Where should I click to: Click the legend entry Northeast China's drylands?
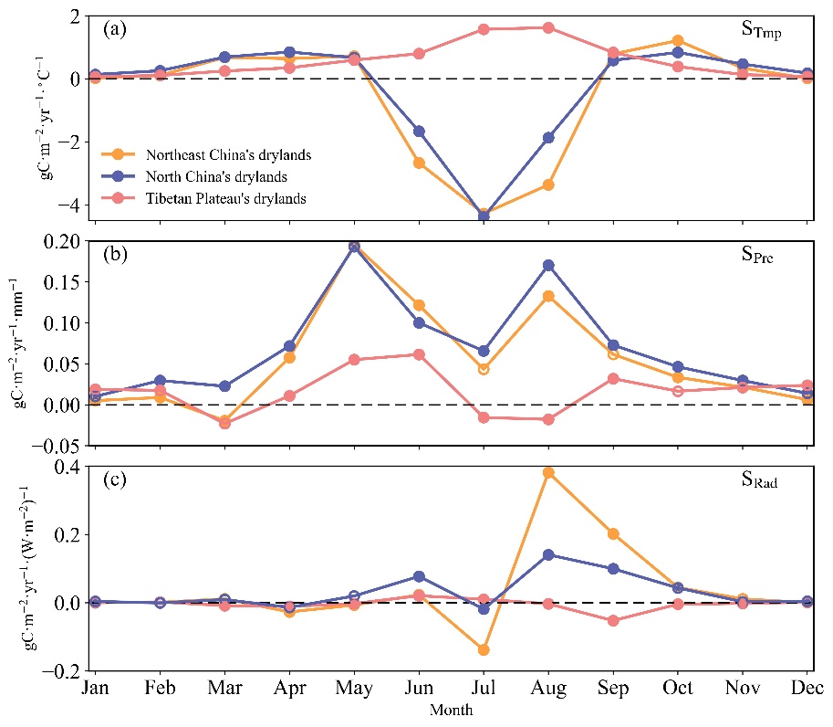click(234, 154)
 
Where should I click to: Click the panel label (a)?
click(115, 28)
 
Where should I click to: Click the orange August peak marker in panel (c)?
click(548, 472)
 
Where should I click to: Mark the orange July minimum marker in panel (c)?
click(484, 650)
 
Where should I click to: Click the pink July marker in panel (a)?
click(484, 29)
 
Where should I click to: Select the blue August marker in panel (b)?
click(548, 266)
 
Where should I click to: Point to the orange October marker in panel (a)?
click(678, 41)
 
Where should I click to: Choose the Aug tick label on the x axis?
click(548, 688)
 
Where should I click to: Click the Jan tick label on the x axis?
click(96, 688)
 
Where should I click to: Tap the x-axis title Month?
click(452, 709)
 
